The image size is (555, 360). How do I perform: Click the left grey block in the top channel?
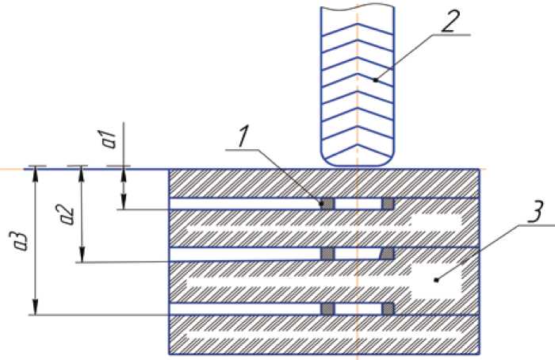click(327, 204)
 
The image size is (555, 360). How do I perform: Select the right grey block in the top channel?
click(388, 204)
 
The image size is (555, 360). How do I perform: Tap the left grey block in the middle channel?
click(327, 254)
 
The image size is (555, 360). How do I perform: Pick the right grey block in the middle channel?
click(388, 254)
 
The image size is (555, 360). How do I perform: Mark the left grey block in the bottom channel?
click(327, 308)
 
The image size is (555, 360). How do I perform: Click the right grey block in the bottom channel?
click(388, 308)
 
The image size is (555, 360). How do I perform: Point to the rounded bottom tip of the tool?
click(357, 160)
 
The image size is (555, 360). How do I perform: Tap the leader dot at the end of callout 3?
click(435, 279)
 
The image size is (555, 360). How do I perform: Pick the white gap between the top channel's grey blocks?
click(358, 204)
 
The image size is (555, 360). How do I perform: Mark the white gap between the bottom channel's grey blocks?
click(358, 308)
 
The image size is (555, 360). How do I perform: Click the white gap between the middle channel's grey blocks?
click(358, 254)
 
